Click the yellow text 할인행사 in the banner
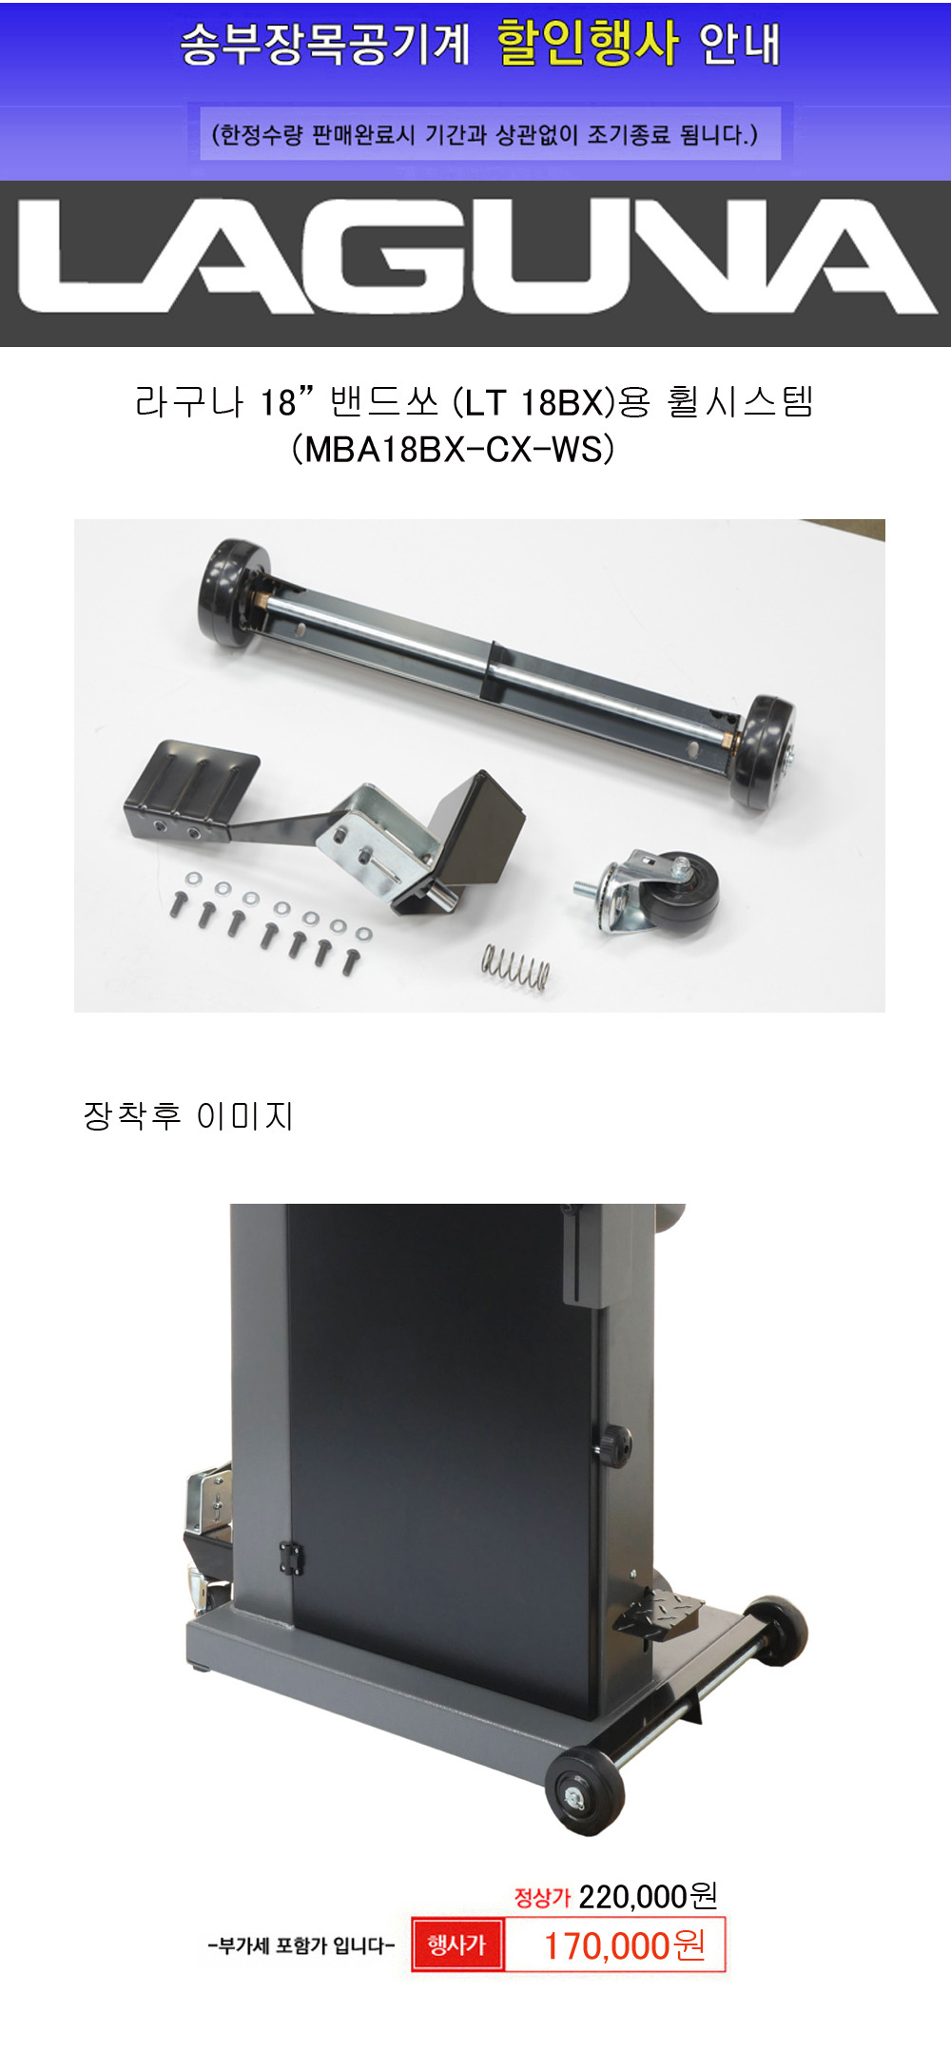(x=588, y=44)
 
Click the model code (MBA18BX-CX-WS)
(x=453, y=449)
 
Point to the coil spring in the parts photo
(x=515, y=967)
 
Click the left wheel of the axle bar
(x=228, y=591)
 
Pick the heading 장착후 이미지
(x=188, y=1115)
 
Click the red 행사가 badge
(x=456, y=1944)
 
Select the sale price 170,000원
(x=624, y=1945)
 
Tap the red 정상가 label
(x=542, y=1898)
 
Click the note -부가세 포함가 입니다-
(x=301, y=1945)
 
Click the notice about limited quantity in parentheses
(x=484, y=134)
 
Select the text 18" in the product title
(x=287, y=402)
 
